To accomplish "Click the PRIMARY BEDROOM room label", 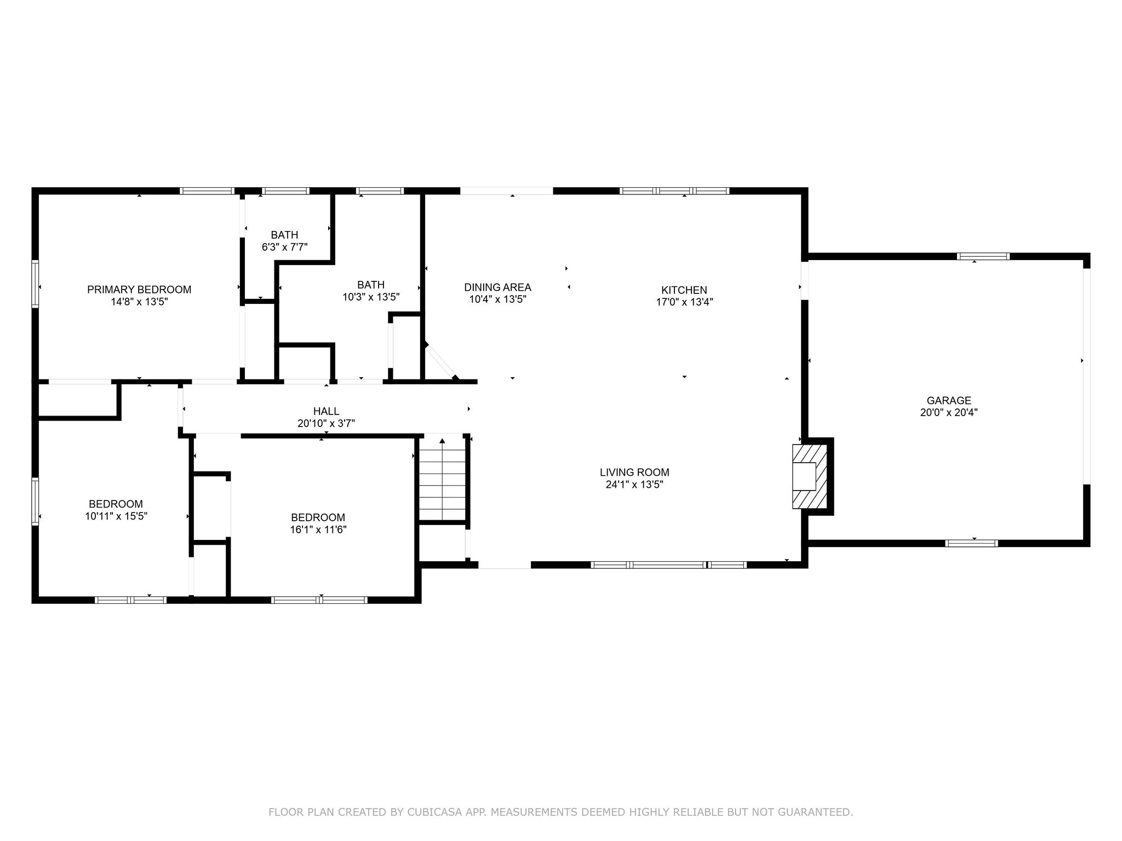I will pos(139,290).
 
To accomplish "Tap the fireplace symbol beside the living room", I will pos(809,476).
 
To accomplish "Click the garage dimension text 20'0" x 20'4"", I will pos(949,412).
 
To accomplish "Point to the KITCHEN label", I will pos(684,290).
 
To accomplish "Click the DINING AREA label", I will pos(497,287).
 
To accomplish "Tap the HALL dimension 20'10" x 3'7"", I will pos(326,423).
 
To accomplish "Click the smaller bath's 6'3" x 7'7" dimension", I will pos(284,247).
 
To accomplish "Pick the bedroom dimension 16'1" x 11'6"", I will pos(318,529).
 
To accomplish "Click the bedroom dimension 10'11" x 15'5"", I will pos(116,516).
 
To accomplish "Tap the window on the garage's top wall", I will pos(983,256).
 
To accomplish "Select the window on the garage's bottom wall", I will pos(971,543).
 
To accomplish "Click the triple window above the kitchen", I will pos(674,191).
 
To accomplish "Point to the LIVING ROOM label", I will pos(634,472).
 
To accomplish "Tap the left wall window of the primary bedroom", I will pos(35,284).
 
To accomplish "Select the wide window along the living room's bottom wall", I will pos(668,564).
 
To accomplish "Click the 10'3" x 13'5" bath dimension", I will pos(371,297).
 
